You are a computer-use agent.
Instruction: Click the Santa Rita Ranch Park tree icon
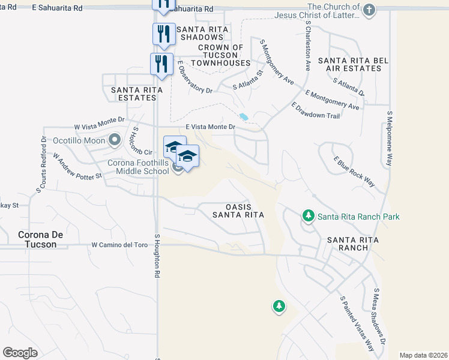pos(309,215)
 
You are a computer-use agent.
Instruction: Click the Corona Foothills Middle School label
pos(138,166)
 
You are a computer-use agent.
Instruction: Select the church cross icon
pos(369,10)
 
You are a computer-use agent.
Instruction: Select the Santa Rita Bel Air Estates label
pos(349,64)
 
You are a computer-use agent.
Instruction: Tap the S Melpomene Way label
pos(390,138)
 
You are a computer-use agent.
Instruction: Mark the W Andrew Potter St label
pos(77,166)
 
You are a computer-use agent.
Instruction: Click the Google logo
pos(20,353)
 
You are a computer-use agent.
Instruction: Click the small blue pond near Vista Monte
pos(243,116)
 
